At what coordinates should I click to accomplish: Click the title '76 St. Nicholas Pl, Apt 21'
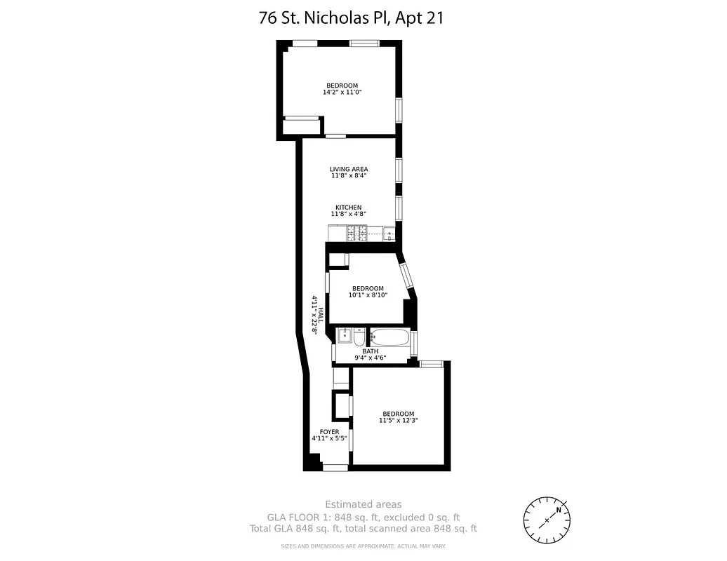click(x=351, y=18)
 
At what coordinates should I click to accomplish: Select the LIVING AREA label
click(x=349, y=169)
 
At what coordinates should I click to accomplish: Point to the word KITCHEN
click(x=348, y=208)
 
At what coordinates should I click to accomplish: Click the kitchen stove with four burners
click(x=358, y=234)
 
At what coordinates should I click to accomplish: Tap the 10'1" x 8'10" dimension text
click(x=368, y=295)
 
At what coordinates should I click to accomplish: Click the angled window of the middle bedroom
click(x=406, y=275)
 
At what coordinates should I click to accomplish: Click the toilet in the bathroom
click(x=359, y=339)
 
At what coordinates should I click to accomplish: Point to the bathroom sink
click(x=344, y=337)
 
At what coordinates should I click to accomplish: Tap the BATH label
click(x=370, y=351)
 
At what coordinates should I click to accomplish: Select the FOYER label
click(x=329, y=432)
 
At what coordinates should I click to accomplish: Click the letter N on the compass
click(x=559, y=510)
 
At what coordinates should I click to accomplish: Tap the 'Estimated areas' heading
click(x=363, y=504)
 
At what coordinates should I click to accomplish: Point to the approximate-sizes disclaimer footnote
click(x=363, y=546)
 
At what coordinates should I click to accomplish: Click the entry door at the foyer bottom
click(x=335, y=467)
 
